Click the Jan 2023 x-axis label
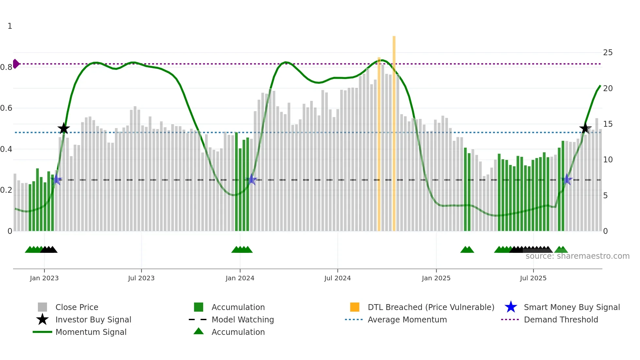pyautogui.click(x=44, y=278)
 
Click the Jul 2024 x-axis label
pyautogui.click(x=337, y=278)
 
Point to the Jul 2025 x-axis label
pyautogui.click(x=533, y=278)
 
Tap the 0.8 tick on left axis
pyautogui.click(x=6, y=67)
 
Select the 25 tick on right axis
pyautogui.click(x=608, y=53)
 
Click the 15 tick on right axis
pyautogui.click(x=608, y=124)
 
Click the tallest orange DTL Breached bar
pyautogui.click(x=394, y=131)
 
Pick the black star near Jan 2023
pyautogui.click(x=64, y=128)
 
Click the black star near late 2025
pyautogui.click(x=585, y=128)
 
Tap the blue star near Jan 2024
pyautogui.click(x=251, y=179)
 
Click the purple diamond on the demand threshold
pyautogui.click(x=16, y=64)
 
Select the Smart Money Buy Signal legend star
pyautogui.click(x=511, y=307)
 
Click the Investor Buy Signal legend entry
pyautogui.click(x=93, y=319)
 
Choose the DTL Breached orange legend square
pyautogui.click(x=355, y=307)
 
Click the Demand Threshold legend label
pyautogui.click(x=561, y=319)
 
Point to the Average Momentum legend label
pyautogui.click(x=407, y=319)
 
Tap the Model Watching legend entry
pyautogui.click(x=242, y=319)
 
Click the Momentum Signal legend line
pyautogui.click(x=42, y=332)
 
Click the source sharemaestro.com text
pyautogui.click(x=577, y=256)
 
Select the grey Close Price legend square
pyautogui.click(x=42, y=307)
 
